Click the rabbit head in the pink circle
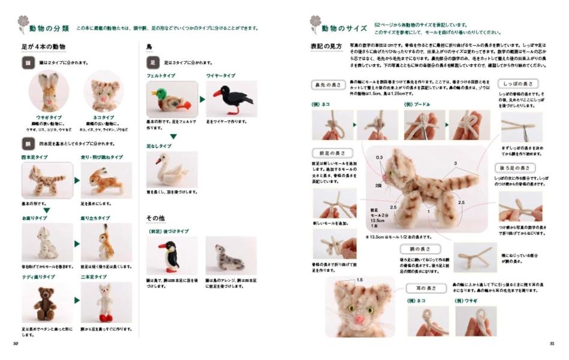[49, 90]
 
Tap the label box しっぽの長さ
[517, 83]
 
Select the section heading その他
[156, 218]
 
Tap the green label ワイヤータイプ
[221, 76]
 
